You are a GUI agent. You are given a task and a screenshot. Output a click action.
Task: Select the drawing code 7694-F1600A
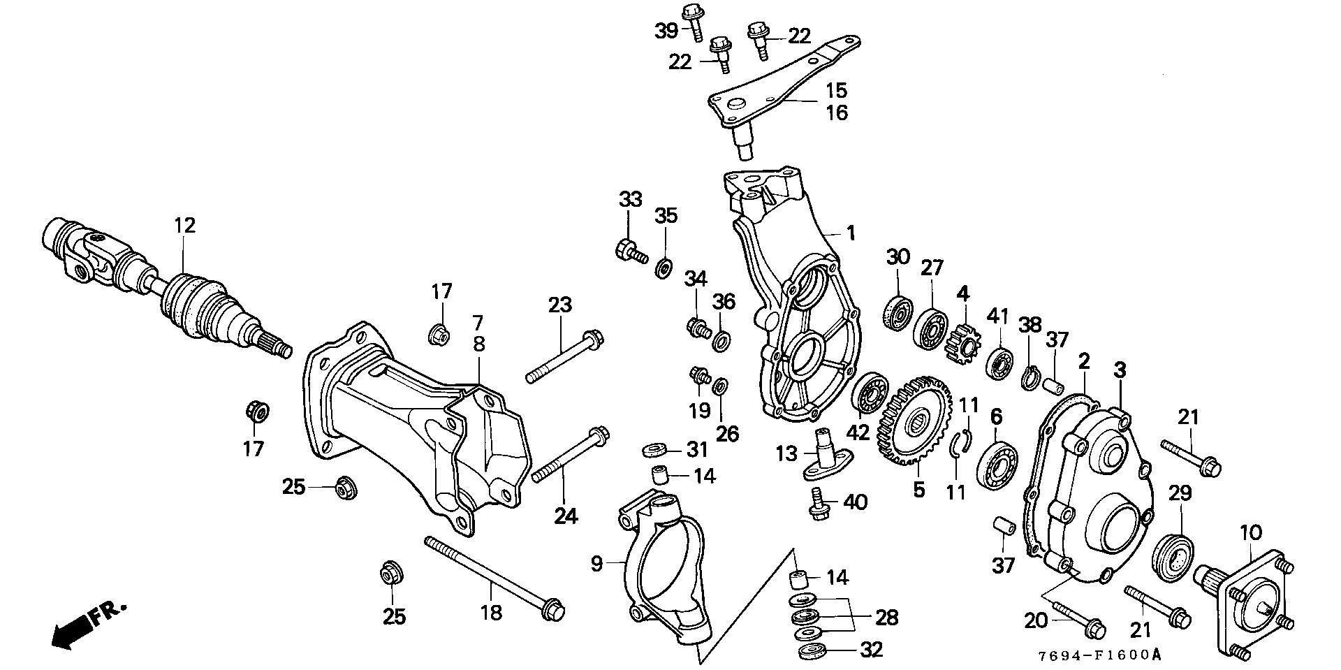[1100, 655]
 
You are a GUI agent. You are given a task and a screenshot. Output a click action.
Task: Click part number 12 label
[184, 226]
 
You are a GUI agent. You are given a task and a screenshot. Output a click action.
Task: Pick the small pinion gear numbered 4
[962, 337]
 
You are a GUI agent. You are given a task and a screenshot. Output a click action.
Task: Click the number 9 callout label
[596, 563]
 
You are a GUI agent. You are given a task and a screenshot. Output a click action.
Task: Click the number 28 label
[886, 617]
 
